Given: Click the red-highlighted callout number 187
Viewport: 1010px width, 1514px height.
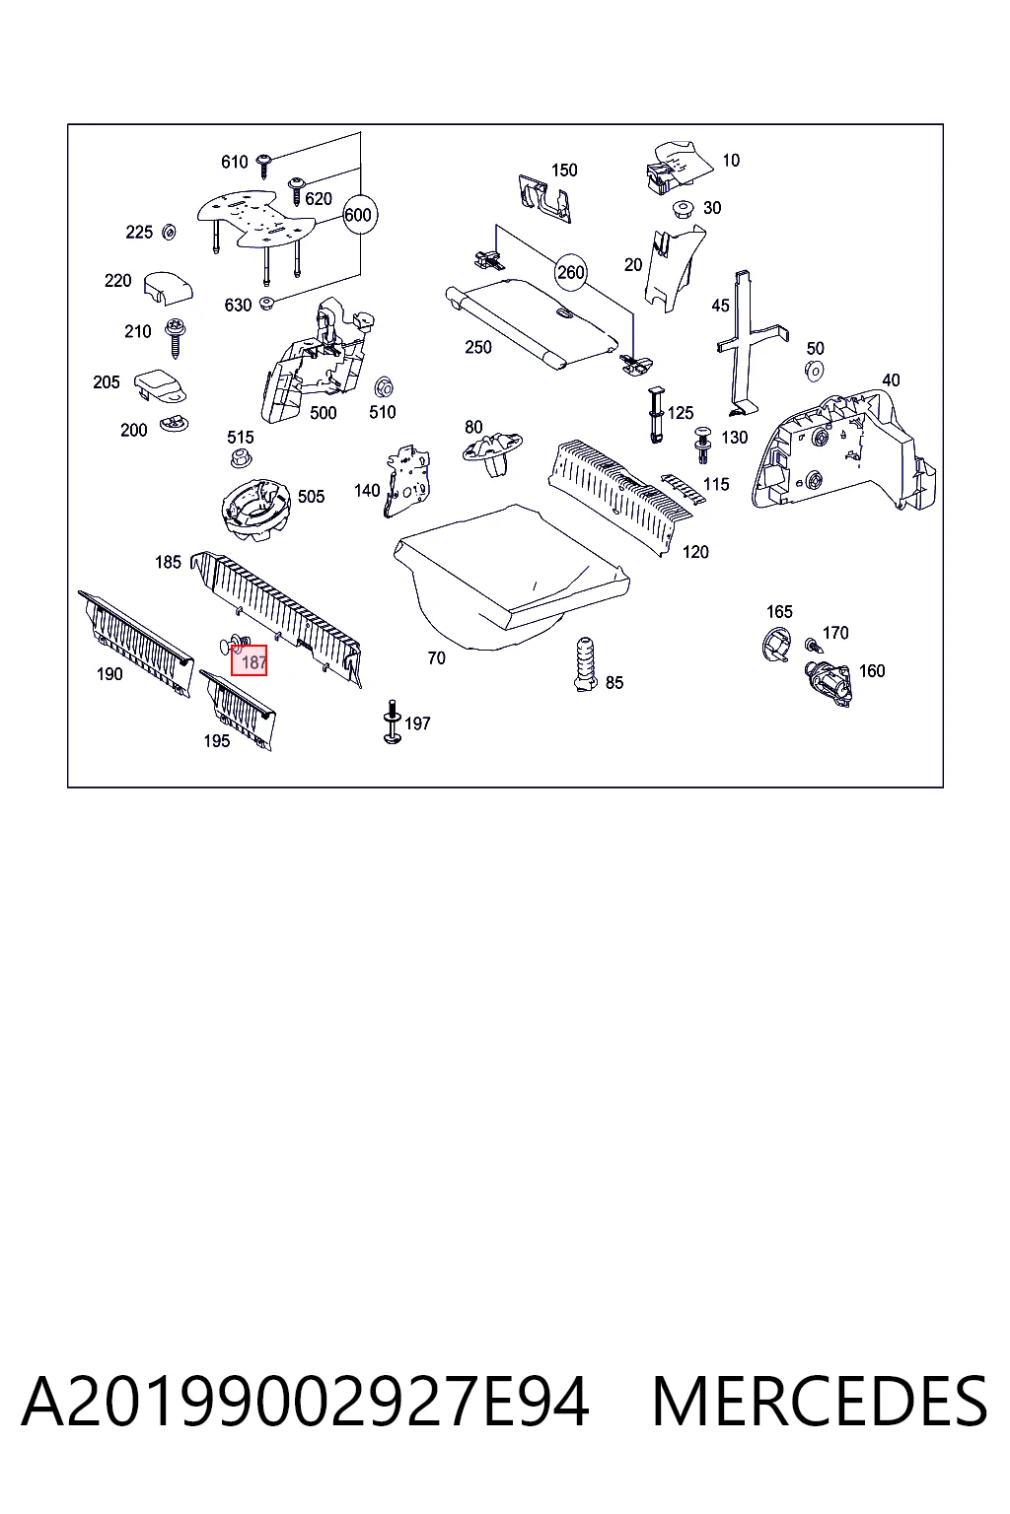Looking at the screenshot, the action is tap(249, 660).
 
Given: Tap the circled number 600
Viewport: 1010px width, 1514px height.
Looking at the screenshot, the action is tap(359, 215).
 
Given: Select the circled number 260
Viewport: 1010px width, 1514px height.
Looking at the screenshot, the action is tap(570, 272).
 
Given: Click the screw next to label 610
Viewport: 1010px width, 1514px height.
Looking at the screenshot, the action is tap(264, 165).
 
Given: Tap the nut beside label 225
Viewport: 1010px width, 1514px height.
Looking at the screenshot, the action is tap(169, 233).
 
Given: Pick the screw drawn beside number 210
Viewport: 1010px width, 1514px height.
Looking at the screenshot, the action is tap(176, 338).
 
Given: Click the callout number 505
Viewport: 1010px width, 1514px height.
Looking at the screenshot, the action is tap(311, 497).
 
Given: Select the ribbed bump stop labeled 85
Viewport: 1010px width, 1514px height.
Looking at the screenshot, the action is tap(584, 664).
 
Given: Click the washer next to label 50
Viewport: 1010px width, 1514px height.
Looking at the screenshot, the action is tap(814, 371).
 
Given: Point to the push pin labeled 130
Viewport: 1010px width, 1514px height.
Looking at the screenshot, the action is tap(703, 445).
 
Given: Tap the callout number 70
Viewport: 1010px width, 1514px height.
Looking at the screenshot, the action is tap(436, 657).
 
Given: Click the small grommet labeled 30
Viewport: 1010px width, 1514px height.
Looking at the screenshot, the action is tap(684, 209).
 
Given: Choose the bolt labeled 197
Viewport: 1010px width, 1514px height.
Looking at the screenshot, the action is tap(392, 722).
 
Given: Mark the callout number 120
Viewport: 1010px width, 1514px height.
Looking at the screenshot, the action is tap(695, 552).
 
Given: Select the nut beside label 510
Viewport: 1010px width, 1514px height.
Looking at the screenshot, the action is tap(385, 387).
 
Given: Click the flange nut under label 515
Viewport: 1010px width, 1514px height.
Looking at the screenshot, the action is tap(240, 457).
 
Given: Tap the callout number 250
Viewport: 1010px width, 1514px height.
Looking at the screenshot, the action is tap(478, 347).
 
